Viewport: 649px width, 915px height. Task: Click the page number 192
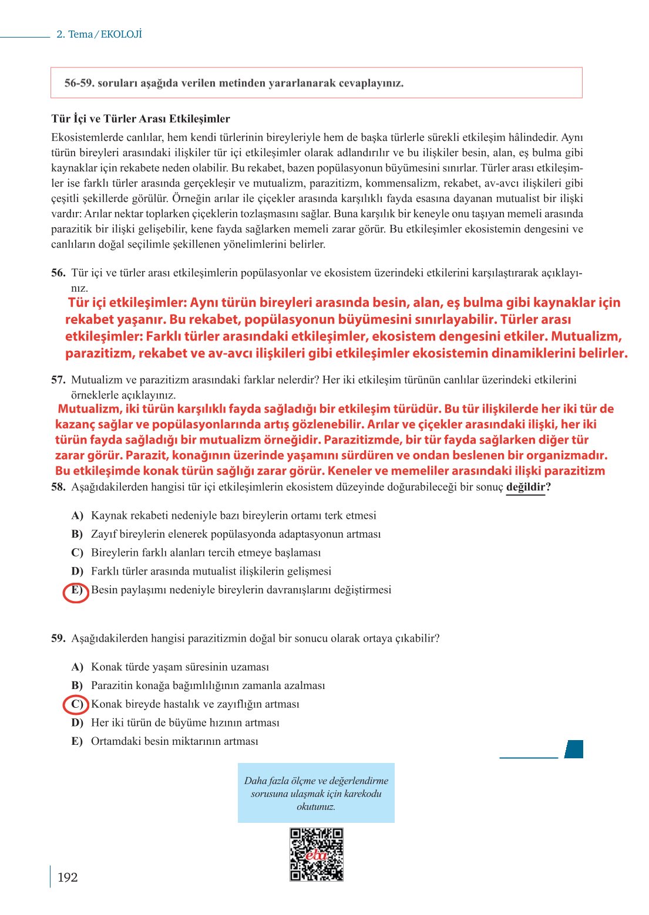(x=68, y=877)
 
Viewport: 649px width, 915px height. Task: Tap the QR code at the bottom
(x=316, y=854)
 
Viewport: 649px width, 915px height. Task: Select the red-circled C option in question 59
(x=75, y=704)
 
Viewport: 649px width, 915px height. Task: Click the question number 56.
(x=58, y=273)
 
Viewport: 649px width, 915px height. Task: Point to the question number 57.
(x=58, y=380)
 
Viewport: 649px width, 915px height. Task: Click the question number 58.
(x=58, y=487)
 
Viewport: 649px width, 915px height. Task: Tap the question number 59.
(x=58, y=639)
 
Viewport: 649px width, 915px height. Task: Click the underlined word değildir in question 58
(x=526, y=487)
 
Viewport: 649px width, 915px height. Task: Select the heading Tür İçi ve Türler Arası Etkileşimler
(x=140, y=119)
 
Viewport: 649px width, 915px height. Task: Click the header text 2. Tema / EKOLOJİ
(x=99, y=34)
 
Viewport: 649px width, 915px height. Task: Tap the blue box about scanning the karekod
(x=316, y=793)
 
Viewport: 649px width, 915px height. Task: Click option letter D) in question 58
(x=77, y=572)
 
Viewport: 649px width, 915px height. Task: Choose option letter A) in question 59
(x=77, y=667)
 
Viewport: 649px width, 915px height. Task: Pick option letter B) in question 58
(x=77, y=535)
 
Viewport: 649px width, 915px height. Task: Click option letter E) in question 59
(x=77, y=741)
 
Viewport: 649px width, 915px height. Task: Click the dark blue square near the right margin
(x=574, y=749)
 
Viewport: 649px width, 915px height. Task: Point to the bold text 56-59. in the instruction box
(x=79, y=83)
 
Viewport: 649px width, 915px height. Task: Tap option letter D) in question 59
(x=77, y=723)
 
